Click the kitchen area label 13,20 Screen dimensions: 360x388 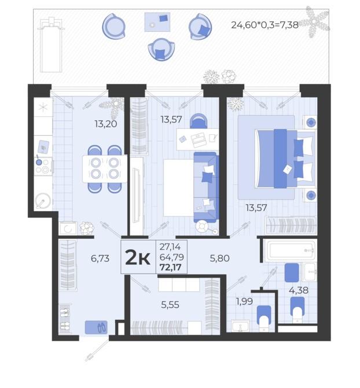(106, 124)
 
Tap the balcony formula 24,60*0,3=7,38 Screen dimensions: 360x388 (265, 25)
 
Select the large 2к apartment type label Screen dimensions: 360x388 (138, 257)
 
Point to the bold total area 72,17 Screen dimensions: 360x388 (171, 268)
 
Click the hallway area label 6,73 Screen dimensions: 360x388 (100, 258)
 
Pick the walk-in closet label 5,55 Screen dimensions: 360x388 (170, 305)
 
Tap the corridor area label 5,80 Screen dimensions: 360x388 (219, 258)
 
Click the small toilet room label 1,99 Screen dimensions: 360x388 (244, 301)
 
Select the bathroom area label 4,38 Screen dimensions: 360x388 (299, 290)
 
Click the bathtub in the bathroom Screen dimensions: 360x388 (290, 250)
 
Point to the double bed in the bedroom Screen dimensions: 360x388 (285, 158)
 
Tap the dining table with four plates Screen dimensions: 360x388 (105, 168)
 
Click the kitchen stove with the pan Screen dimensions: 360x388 (43, 166)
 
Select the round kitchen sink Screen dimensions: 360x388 (43, 201)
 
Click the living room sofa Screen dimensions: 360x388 (206, 187)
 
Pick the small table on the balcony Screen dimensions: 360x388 (157, 23)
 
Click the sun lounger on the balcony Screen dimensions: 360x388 (51, 45)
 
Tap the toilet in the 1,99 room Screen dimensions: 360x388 (263, 318)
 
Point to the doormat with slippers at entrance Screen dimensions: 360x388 (96, 327)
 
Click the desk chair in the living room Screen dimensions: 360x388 (199, 121)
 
